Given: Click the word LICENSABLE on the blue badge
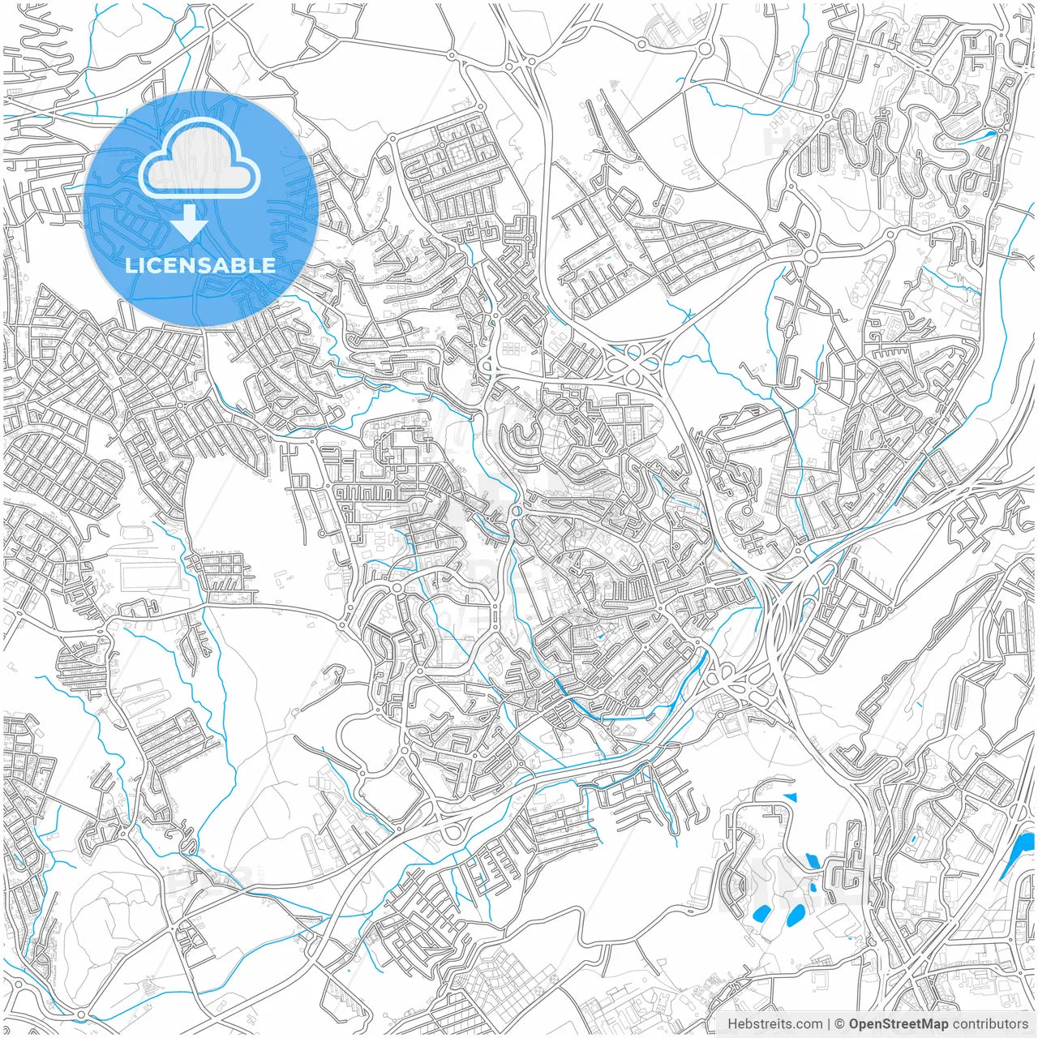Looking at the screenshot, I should [x=200, y=265].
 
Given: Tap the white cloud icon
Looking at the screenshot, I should [x=199, y=158].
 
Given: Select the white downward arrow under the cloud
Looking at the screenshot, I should [x=190, y=224].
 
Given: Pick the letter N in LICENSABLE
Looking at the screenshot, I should [x=186, y=265].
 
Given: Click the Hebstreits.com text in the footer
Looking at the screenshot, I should [x=774, y=1024].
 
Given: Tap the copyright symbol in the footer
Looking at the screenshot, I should [x=840, y=1024].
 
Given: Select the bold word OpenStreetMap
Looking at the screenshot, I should [x=899, y=1024].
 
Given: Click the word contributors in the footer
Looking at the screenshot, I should [x=990, y=1024].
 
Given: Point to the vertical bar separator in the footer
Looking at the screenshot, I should [x=829, y=1024].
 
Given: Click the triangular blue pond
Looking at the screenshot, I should [x=791, y=798].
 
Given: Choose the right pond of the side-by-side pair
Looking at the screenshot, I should [x=795, y=916].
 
